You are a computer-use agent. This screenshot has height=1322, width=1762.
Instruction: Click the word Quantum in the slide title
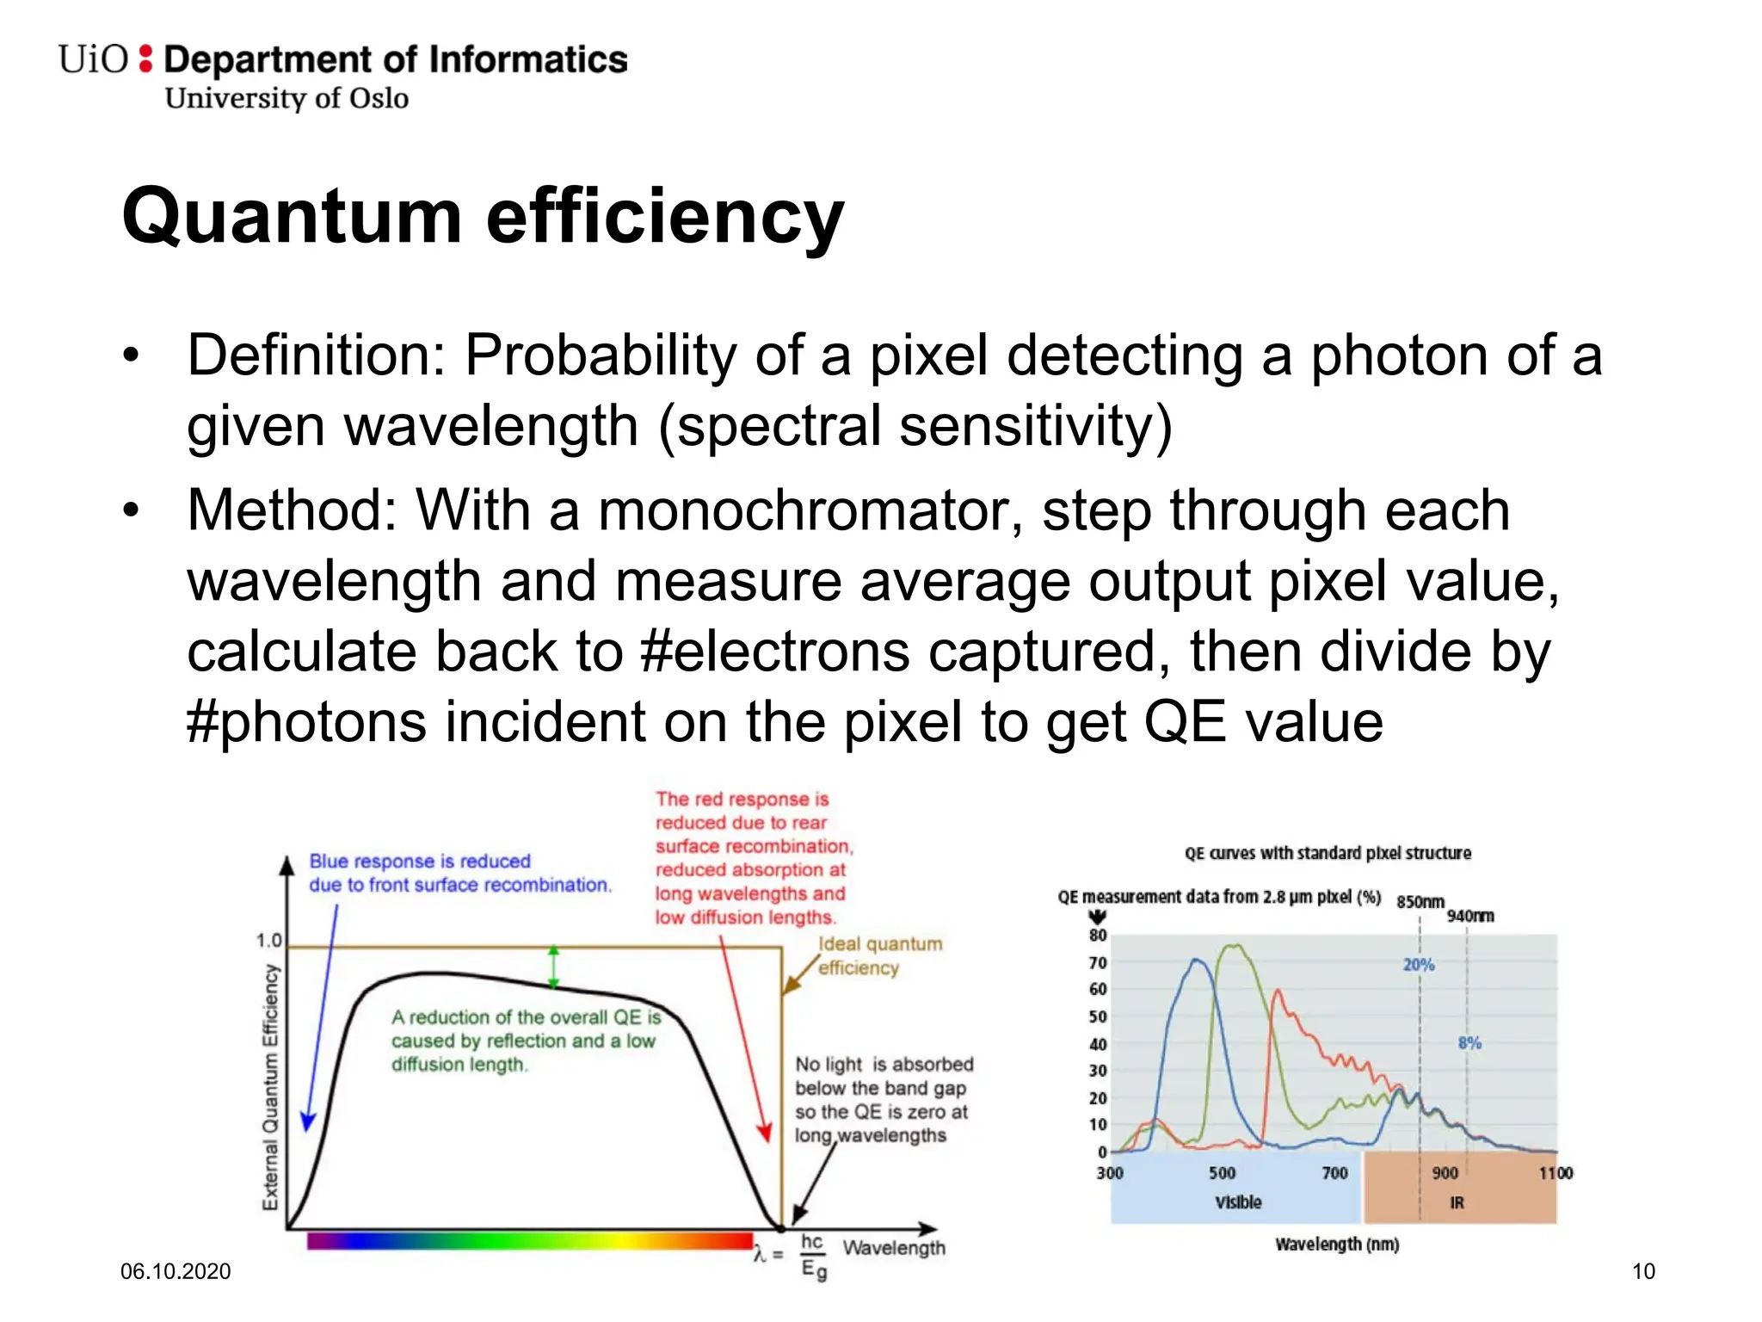pyautogui.click(x=292, y=217)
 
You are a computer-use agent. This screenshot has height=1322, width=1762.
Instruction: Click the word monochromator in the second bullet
pyautogui.click(x=810, y=510)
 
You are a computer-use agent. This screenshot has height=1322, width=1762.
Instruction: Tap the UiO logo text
pyautogui.click(x=93, y=59)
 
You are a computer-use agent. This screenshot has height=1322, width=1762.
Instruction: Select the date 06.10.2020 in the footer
pyautogui.click(x=176, y=1271)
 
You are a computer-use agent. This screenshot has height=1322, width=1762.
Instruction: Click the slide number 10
pyautogui.click(x=1643, y=1271)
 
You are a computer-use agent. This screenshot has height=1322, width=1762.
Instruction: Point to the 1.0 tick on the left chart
pyautogui.click(x=268, y=940)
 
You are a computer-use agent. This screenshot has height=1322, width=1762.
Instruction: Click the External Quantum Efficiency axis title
pyautogui.click(x=270, y=1086)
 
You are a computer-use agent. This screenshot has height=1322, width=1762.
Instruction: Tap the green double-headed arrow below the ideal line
pyautogui.click(x=553, y=966)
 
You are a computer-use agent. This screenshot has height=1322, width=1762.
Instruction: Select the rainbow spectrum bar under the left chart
pyautogui.click(x=529, y=1240)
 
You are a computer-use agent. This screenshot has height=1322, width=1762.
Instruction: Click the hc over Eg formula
pyautogui.click(x=813, y=1256)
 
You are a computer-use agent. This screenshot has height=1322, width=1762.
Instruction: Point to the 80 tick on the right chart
pyautogui.click(x=1098, y=936)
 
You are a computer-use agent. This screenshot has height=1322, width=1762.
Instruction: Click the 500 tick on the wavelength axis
pyautogui.click(x=1222, y=1173)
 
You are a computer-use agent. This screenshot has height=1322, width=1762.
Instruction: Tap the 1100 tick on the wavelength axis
pyautogui.click(x=1556, y=1173)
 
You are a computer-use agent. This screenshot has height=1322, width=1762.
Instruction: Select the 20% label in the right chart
pyautogui.click(x=1419, y=965)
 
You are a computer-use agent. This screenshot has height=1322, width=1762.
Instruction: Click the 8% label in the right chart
pyautogui.click(x=1469, y=1043)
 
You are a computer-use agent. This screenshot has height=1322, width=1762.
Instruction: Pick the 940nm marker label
pyautogui.click(x=1470, y=916)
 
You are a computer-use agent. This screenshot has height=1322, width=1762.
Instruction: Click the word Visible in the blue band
pyautogui.click(x=1238, y=1202)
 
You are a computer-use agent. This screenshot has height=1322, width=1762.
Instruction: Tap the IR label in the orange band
pyautogui.click(x=1457, y=1202)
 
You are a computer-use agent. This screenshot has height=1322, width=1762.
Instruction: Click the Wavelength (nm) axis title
pyautogui.click(x=1337, y=1245)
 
